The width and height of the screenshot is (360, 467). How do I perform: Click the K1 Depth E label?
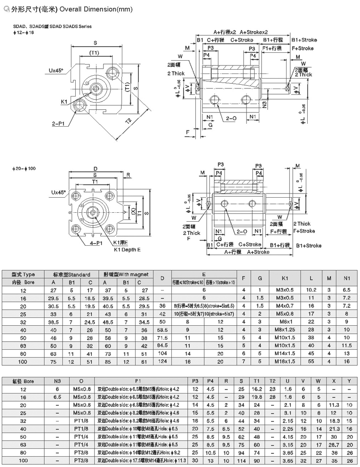pyautogui.click(x=127, y=250)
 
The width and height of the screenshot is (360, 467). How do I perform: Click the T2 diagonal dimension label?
pyautogui.click(x=128, y=121)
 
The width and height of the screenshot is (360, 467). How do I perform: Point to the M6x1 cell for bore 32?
pyautogui.click(x=287, y=321)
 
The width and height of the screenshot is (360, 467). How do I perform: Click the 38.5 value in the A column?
pyautogui.click(x=53, y=321)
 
